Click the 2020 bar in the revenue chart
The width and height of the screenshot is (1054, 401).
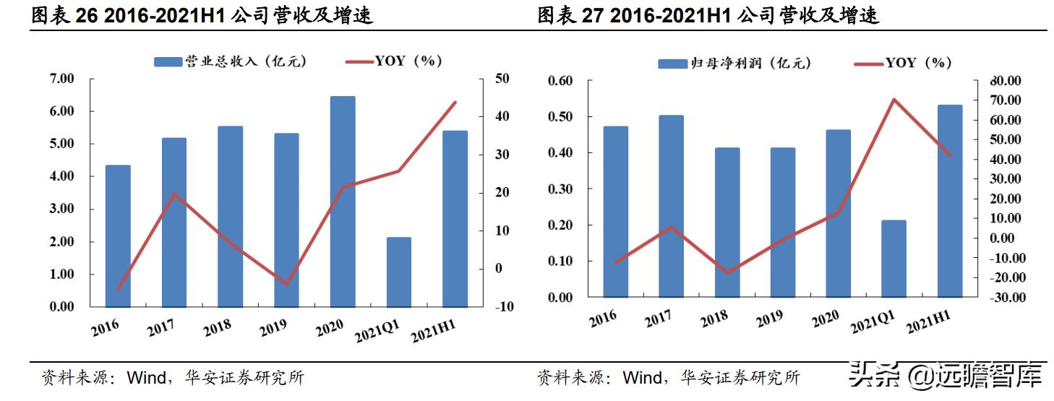tap(343, 202)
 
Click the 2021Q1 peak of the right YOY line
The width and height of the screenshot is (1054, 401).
tap(894, 99)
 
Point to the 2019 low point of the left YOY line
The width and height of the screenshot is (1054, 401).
tap(286, 284)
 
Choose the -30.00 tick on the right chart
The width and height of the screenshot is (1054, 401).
tap(1000, 298)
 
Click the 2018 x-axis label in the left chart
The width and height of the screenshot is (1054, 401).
tap(218, 327)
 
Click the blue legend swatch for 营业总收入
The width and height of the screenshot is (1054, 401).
tap(168, 62)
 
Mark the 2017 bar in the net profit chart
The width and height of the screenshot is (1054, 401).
tap(671, 206)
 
